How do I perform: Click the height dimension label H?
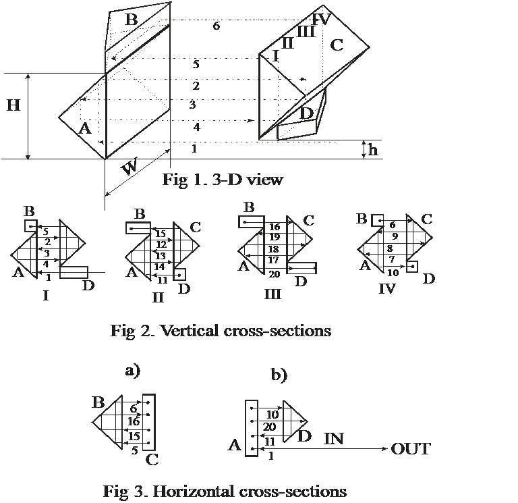[13, 107]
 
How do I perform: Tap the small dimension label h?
[372, 150]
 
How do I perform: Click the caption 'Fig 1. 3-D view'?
[223, 180]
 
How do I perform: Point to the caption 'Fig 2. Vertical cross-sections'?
[221, 330]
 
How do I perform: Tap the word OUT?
[411, 449]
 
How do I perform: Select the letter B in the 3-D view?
[131, 20]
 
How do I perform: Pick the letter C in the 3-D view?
[337, 45]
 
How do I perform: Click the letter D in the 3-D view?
[306, 113]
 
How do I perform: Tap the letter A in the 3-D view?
[84, 128]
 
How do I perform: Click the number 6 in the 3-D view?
[216, 26]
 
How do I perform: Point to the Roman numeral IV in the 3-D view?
[322, 18]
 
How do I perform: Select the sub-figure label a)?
[132, 369]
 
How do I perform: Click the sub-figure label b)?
[279, 375]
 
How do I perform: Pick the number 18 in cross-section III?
[273, 248]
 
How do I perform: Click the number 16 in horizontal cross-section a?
[133, 421]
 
